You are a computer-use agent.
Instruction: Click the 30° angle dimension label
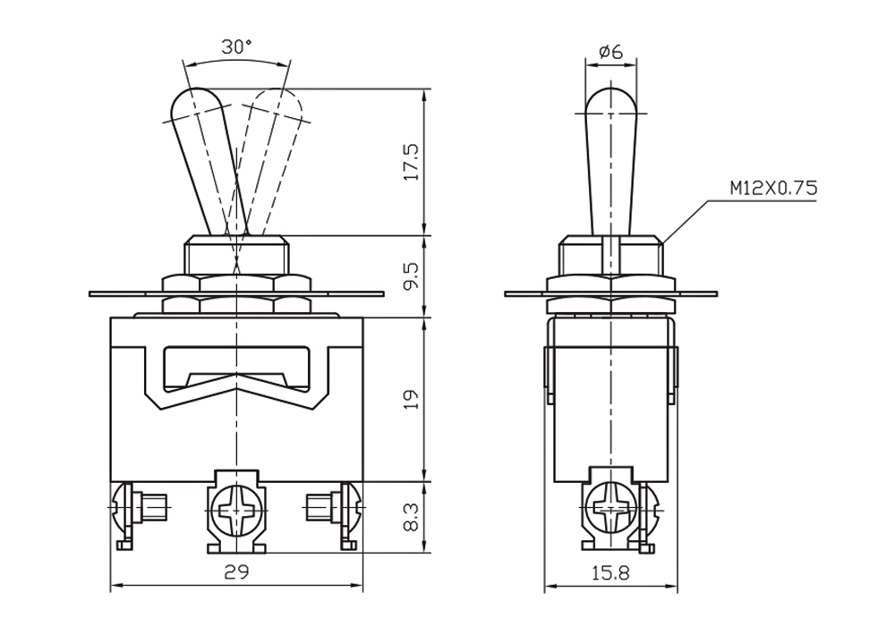[237, 47]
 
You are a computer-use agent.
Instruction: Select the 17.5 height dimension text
[412, 162]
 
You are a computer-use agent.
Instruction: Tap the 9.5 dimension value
[412, 276]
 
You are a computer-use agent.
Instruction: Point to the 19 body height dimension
[412, 399]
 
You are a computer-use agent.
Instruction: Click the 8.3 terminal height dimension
[412, 517]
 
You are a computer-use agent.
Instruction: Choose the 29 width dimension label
[237, 571]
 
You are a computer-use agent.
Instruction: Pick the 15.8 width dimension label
[610, 572]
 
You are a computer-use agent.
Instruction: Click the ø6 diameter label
[610, 52]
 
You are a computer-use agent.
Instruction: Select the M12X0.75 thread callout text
[773, 188]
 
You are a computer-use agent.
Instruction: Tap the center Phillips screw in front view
[236, 511]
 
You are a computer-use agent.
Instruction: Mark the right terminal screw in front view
[333, 505]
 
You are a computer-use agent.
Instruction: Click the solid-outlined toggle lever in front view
[209, 160]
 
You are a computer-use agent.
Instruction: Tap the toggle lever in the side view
[611, 161]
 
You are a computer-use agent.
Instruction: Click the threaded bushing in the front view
[236, 256]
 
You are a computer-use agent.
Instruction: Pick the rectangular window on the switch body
[236, 368]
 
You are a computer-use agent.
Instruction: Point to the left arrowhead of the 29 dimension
[115, 585]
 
